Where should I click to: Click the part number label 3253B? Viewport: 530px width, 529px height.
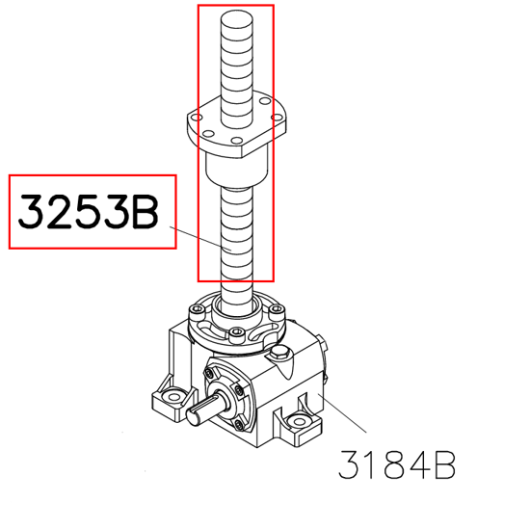click(x=89, y=212)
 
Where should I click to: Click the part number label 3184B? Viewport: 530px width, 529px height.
click(x=397, y=464)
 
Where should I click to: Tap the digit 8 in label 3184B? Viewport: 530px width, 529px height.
click(x=396, y=464)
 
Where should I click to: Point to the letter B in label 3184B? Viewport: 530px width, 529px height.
click(x=445, y=464)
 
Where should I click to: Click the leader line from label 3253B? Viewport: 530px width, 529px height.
click(x=200, y=238)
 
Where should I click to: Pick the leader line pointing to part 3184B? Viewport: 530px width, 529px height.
click(x=342, y=412)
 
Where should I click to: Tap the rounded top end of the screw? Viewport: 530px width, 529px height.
click(x=237, y=17)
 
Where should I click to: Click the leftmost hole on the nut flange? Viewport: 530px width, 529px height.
click(x=197, y=118)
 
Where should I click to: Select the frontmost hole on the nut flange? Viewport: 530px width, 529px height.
click(x=237, y=141)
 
